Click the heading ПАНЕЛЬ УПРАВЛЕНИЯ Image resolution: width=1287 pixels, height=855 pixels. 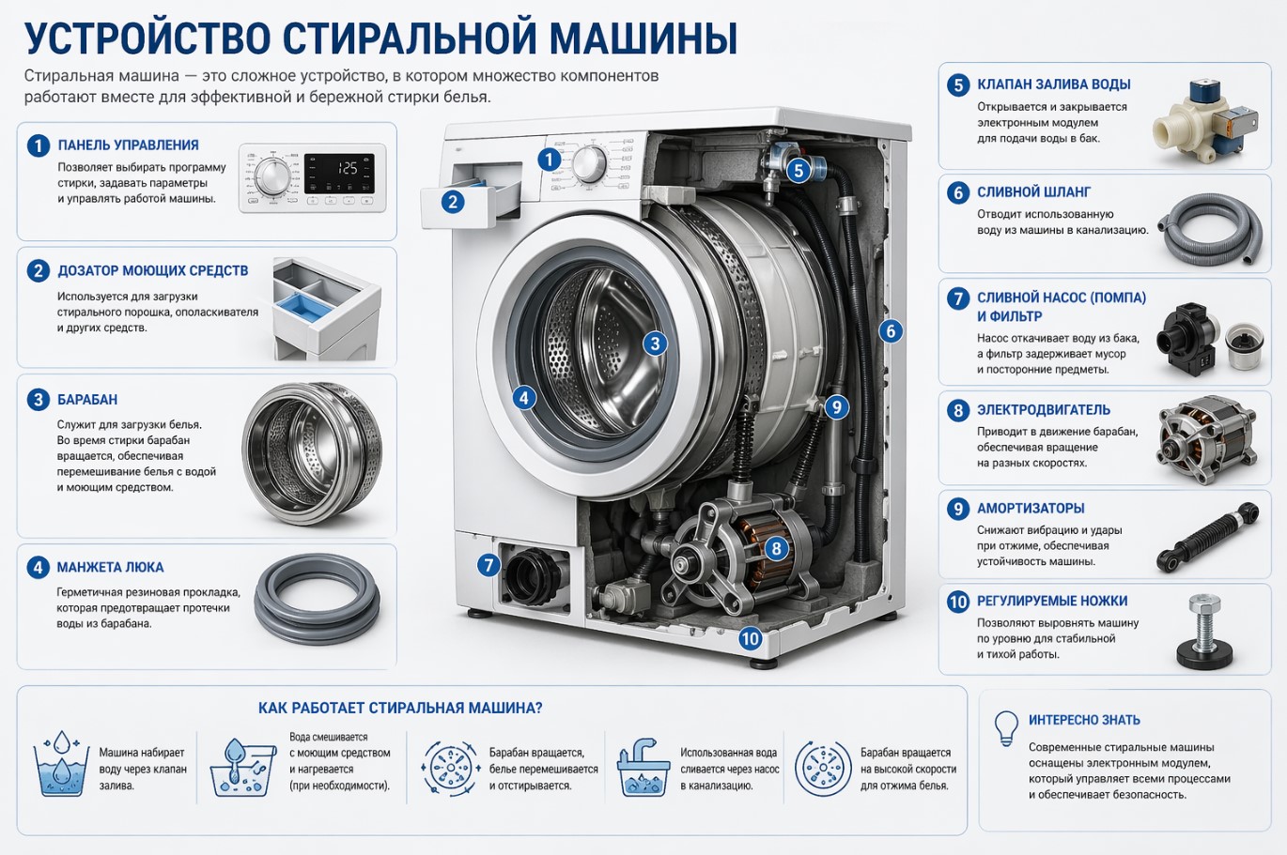tap(128, 145)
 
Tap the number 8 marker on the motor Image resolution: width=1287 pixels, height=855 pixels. tap(776, 549)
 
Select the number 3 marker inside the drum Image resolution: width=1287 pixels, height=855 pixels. tap(655, 344)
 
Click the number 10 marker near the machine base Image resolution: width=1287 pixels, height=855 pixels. tap(750, 638)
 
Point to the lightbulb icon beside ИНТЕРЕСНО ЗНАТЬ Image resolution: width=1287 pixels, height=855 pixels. tap(1006, 728)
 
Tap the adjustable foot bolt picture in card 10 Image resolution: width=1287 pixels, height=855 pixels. tap(1205, 632)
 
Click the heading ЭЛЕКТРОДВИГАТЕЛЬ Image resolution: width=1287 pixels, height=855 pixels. tap(1044, 410)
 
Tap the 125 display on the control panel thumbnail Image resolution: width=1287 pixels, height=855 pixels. tap(347, 168)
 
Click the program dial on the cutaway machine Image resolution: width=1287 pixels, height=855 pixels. tap(589, 163)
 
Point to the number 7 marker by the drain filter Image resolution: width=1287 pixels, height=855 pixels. tap(488, 565)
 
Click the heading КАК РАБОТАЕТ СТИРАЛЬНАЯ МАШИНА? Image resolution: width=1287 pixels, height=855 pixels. tap(400, 708)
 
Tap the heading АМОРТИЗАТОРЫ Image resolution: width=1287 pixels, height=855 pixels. tap(1031, 508)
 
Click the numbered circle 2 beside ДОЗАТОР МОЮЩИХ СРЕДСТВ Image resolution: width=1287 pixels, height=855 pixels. tap(38, 270)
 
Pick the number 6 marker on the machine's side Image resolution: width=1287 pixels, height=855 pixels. tap(891, 330)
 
